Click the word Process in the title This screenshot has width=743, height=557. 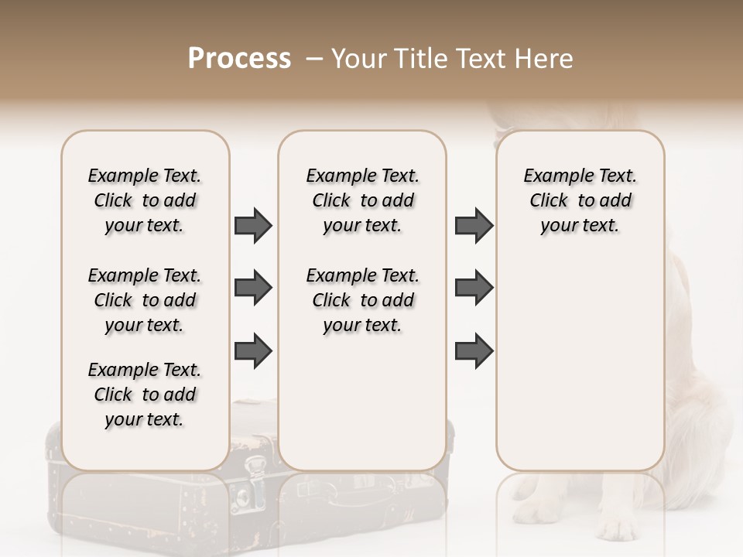coord(239,59)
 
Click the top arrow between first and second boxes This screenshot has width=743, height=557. coord(253,226)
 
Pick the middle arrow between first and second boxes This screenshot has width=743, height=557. coord(253,288)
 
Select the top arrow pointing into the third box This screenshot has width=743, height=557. coord(474,226)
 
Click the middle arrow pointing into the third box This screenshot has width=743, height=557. coord(474,288)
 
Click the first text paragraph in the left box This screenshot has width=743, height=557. coord(145,200)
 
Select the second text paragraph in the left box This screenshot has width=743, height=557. coord(145,300)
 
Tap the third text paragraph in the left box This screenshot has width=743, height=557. coord(145,395)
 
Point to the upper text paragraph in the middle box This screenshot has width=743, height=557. coord(363,200)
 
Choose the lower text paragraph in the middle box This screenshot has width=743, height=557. coord(363,300)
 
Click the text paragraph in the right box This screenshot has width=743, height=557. coord(580,200)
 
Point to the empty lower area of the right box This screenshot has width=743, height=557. coord(580,364)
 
